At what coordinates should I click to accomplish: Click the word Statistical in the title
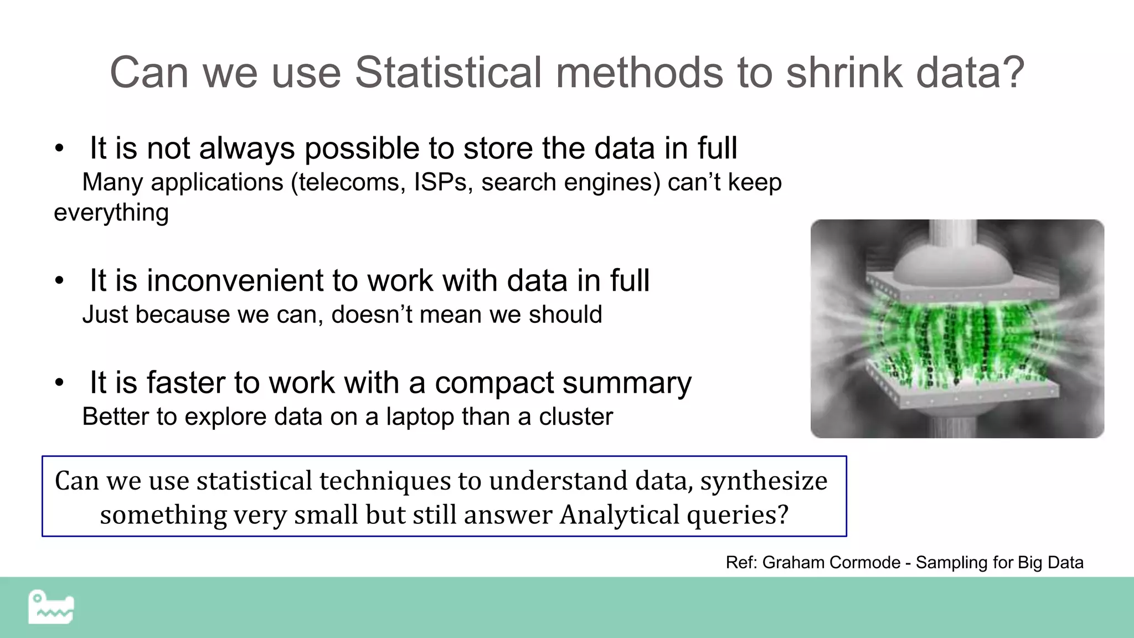coord(449,72)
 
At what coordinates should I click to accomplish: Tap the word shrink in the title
coord(844,72)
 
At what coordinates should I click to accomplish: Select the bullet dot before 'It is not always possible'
coord(59,148)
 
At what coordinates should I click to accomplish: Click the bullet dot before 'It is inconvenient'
coord(59,281)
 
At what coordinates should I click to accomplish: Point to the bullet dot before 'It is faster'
coord(59,383)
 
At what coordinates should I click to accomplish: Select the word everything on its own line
coord(111,213)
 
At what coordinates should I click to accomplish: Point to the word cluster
coord(576,416)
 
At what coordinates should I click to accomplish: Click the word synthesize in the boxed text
coord(764,480)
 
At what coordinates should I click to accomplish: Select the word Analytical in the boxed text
coord(620,514)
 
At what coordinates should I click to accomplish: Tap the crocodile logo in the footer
coord(51,607)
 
